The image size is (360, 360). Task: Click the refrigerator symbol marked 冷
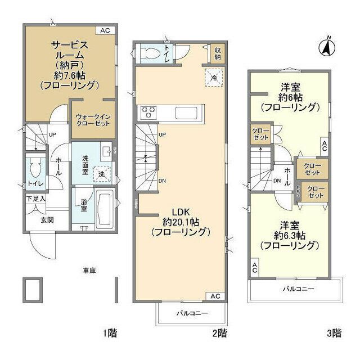(x=214, y=78)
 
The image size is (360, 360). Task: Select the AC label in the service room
(x=105, y=31)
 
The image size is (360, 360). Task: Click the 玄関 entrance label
(x=47, y=220)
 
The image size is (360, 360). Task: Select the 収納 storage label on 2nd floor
(x=218, y=53)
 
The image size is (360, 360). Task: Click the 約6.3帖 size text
(x=290, y=235)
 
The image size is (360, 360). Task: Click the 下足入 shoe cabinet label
(x=35, y=199)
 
